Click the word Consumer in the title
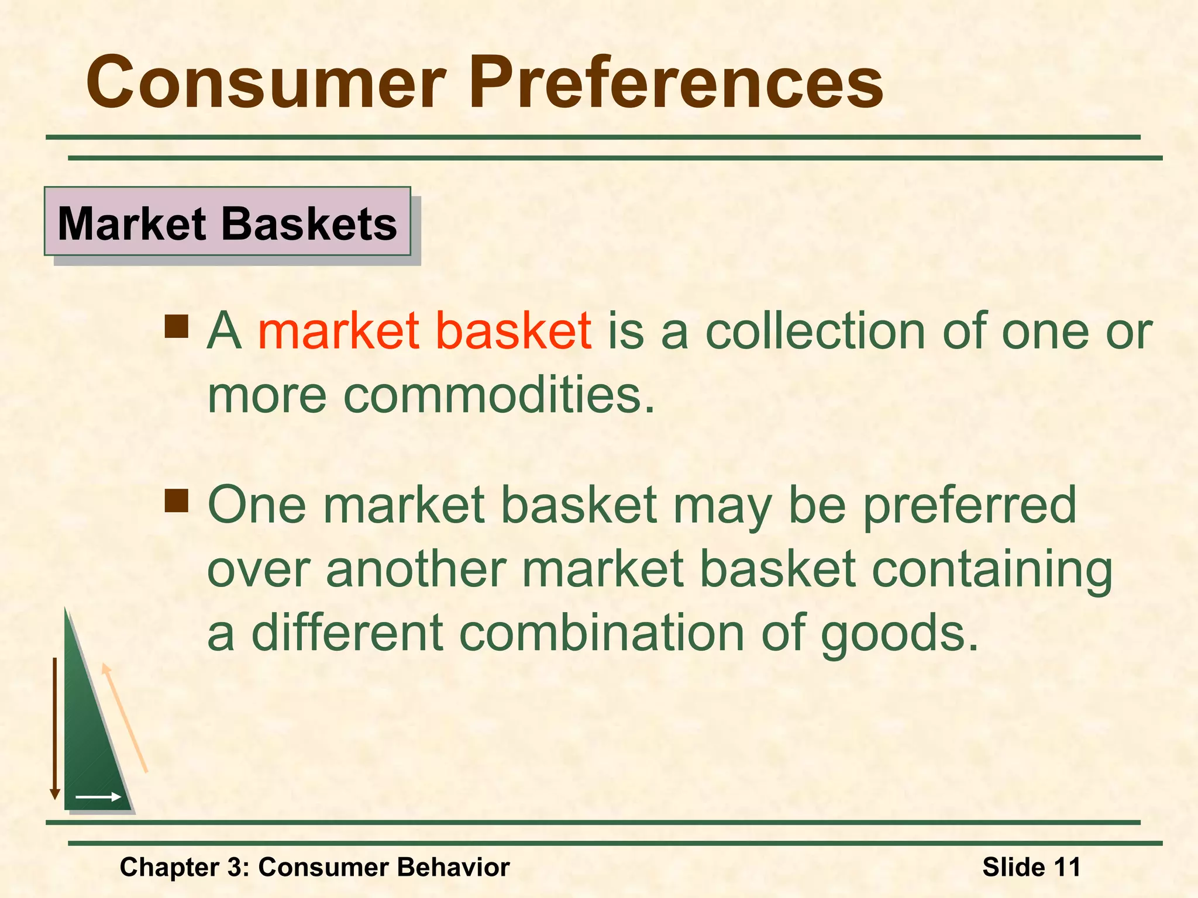(266, 83)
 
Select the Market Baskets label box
(228, 222)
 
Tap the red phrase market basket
(424, 331)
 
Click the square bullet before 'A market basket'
(176, 327)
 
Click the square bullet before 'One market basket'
(176, 501)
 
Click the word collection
(815, 331)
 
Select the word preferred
(969, 506)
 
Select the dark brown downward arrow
(55, 728)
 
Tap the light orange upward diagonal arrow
(124, 718)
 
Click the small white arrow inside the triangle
(98, 797)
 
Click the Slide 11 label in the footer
(1031, 867)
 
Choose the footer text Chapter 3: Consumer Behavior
(315, 867)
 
